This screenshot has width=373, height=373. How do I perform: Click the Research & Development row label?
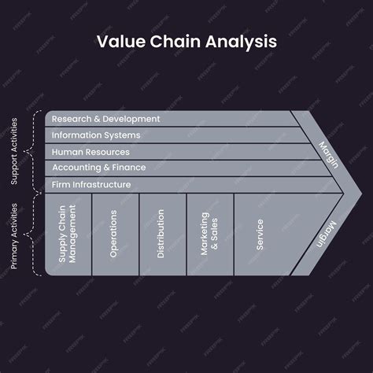coord(105,119)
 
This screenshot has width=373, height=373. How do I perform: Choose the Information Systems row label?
coord(96,135)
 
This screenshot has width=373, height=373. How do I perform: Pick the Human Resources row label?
coord(90,152)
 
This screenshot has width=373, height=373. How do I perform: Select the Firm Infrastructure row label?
coord(91,185)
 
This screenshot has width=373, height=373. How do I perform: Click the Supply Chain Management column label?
coord(68,234)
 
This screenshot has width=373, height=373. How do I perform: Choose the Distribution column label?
coord(161,234)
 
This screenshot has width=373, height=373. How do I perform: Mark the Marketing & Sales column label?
coord(209,234)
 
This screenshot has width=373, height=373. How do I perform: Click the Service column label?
coord(260,234)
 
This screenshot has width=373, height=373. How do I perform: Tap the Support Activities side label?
coord(14,153)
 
